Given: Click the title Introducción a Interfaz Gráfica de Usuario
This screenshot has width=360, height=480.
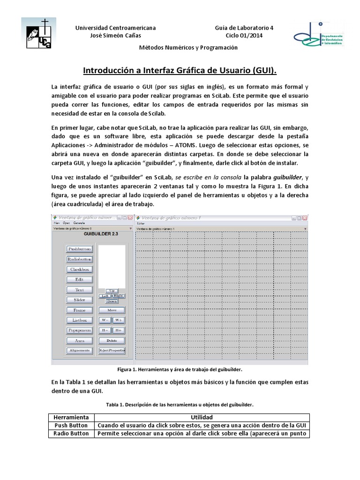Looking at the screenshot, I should point(180,70).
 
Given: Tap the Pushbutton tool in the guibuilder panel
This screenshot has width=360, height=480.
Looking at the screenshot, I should point(79,249).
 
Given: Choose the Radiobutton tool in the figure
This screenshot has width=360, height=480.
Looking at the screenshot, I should point(79,259).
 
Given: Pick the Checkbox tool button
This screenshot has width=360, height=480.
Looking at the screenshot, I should point(79,270).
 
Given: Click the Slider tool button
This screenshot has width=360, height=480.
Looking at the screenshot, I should point(79,300).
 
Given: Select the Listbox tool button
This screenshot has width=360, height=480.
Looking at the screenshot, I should point(79,320).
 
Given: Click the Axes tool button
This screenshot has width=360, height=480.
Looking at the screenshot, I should point(79,340).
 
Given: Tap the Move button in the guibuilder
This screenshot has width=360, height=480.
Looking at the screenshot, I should point(112,310).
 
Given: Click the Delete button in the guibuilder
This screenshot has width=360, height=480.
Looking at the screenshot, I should point(112,340).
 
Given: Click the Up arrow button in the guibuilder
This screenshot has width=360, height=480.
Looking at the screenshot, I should point(112,291).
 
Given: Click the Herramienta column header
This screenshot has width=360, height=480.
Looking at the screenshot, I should point(71,417).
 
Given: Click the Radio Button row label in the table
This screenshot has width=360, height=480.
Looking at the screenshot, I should point(71,434).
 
